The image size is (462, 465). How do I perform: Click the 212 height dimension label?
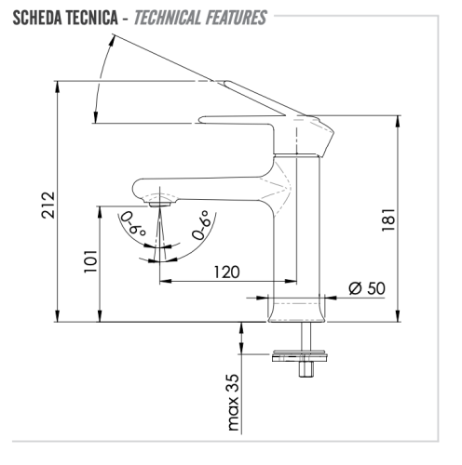(x=48, y=205)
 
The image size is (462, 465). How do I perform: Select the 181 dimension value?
(x=388, y=219)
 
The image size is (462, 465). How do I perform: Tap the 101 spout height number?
(x=90, y=261)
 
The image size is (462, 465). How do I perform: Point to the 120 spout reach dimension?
(x=227, y=272)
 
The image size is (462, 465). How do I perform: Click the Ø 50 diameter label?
(x=367, y=288)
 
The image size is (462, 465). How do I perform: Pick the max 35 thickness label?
(x=234, y=402)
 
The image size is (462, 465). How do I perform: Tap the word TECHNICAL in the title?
(x=168, y=18)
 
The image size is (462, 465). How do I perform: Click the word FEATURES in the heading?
(x=236, y=18)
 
